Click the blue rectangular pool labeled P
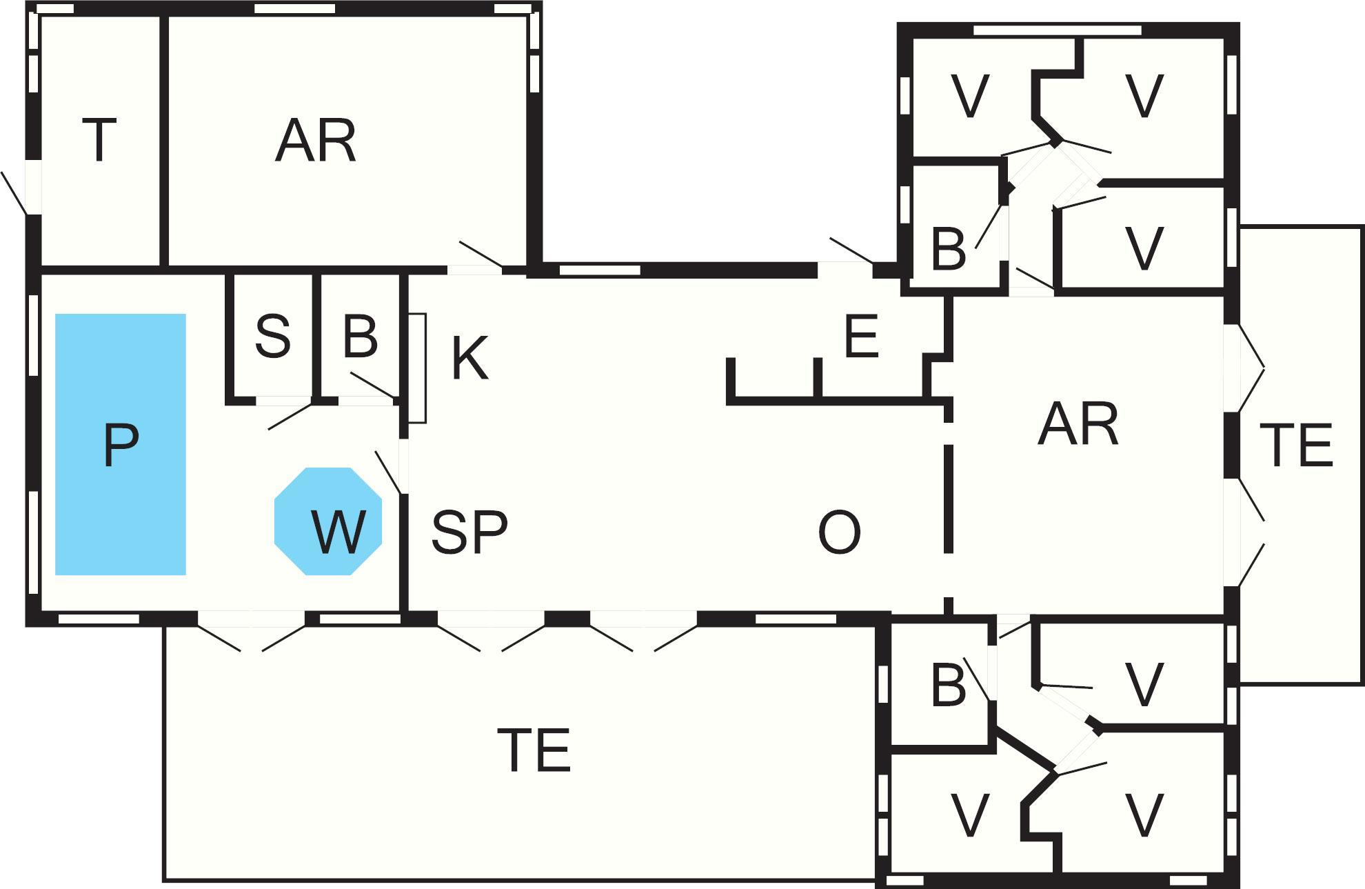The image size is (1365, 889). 121,444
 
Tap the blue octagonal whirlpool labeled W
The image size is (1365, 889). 328,521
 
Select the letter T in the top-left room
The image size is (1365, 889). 99,140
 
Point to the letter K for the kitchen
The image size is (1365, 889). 470,358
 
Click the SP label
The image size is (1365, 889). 469,532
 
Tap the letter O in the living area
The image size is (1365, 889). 839,533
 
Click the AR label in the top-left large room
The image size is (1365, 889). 316,141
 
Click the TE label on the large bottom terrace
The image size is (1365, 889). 534,750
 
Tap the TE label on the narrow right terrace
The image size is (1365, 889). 1295,446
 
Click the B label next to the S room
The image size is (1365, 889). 360,337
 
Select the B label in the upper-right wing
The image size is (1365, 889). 949,250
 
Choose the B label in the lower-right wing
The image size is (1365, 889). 949,686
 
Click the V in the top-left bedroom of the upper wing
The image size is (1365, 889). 969,97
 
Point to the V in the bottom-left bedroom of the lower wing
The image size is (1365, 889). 969,815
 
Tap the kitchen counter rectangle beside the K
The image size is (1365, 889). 417,368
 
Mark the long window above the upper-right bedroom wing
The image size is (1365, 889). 1057,30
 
